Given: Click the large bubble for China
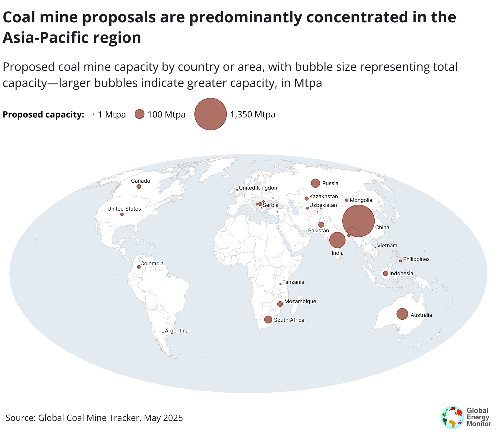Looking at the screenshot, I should [x=358, y=221].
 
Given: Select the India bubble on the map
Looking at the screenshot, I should [x=337, y=240].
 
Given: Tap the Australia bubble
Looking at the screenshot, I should [x=402, y=314].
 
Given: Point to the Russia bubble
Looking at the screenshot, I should [x=315, y=183].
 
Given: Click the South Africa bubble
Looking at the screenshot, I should [x=268, y=319].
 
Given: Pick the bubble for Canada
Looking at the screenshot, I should [x=139, y=187].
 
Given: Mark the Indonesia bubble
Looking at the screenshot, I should [x=385, y=273].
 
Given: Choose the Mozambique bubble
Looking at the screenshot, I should [x=280, y=304].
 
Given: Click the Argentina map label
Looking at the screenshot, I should [x=177, y=331].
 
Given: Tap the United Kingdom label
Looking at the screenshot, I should [x=259, y=188].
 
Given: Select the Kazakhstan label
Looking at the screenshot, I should [x=324, y=196].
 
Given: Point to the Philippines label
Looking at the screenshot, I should [x=416, y=259].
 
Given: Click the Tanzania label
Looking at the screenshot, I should [x=293, y=282].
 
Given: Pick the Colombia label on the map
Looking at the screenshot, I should [x=152, y=264].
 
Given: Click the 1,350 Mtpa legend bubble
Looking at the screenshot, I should [x=210, y=114].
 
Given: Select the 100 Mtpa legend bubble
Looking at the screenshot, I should [x=140, y=114].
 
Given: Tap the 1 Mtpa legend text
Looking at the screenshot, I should [x=112, y=115].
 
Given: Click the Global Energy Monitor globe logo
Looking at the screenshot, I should [x=453, y=417].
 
